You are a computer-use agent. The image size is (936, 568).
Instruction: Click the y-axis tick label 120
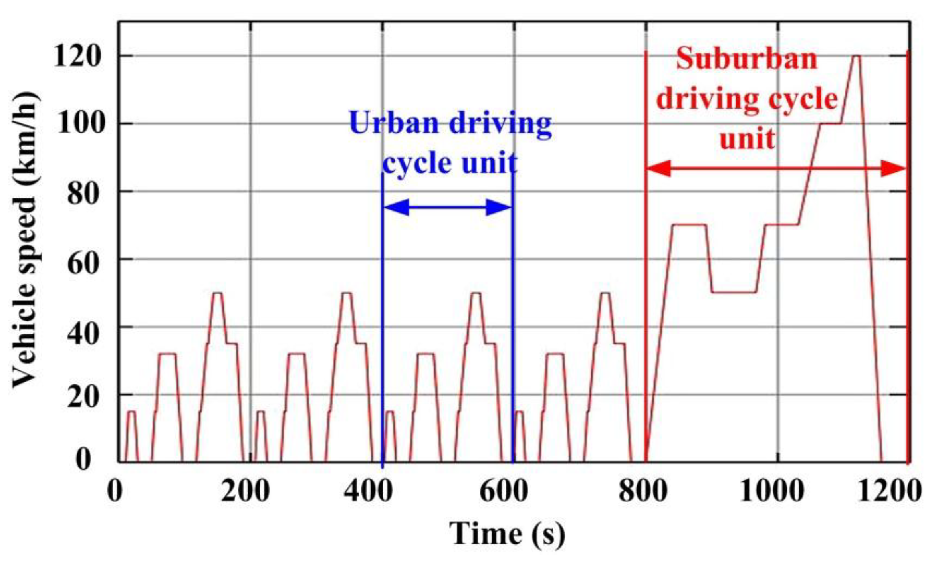click(x=76, y=56)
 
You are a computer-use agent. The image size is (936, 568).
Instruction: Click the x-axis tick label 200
click(x=245, y=491)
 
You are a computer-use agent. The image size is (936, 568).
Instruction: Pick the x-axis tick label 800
click(x=643, y=491)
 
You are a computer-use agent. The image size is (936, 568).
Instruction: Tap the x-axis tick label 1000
click(x=771, y=491)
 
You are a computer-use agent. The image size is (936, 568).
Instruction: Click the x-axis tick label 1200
click(x=889, y=491)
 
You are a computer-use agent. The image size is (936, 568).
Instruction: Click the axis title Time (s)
click(x=507, y=534)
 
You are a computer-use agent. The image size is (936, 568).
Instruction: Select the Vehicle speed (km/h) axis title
click(x=25, y=239)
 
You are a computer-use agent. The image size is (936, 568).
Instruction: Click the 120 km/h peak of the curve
click(x=856, y=56)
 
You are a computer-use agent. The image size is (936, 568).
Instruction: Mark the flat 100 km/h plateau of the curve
click(x=831, y=123)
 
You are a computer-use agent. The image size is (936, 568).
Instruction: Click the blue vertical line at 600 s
click(x=513, y=319)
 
